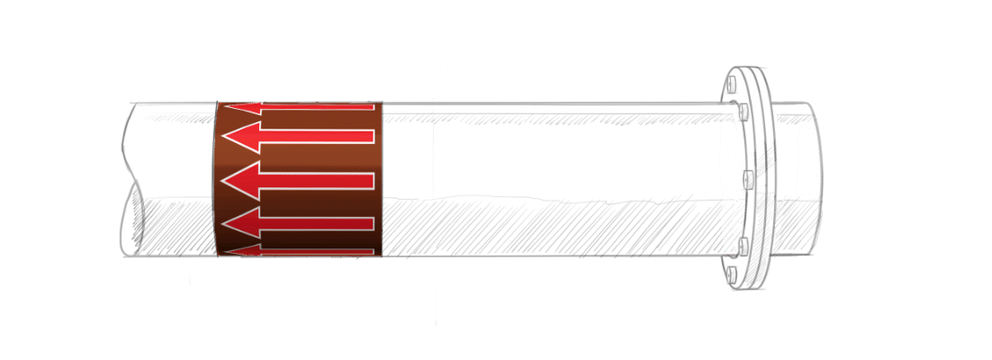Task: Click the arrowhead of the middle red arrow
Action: tap(238, 180)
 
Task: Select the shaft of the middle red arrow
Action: tap(315, 180)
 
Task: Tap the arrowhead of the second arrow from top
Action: tap(239, 137)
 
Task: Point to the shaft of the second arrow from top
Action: tap(315, 136)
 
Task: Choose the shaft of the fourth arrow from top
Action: tap(315, 223)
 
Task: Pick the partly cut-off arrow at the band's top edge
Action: tap(297, 108)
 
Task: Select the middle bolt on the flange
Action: tap(748, 178)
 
